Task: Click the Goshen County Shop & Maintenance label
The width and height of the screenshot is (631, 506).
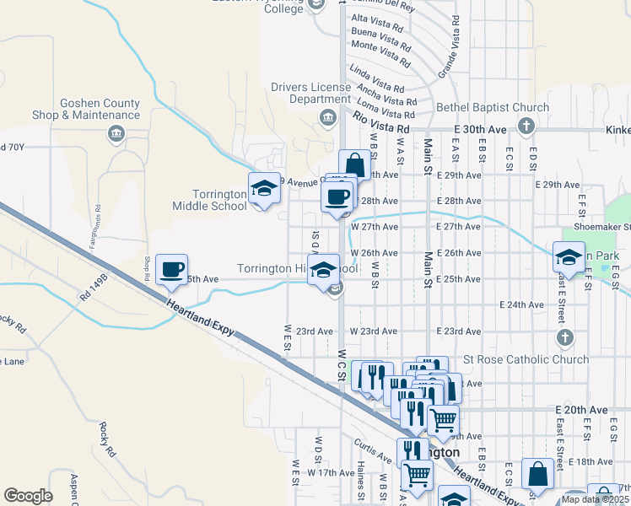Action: tap(100, 109)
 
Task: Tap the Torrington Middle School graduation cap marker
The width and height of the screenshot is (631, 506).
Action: tap(264, 188)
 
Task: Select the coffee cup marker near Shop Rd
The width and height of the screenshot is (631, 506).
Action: tap(171, 270)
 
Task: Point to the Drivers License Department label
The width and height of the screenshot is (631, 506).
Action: tap(310, 93)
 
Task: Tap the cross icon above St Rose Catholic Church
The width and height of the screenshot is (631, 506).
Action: tap(564, 337)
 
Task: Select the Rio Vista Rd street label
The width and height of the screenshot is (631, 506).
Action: tap(380, 122)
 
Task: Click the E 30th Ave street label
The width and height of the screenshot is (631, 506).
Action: tap(480, 128)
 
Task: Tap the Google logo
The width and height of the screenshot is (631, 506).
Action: tap(28, 496)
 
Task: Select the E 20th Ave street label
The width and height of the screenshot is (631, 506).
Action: tap(581, 409)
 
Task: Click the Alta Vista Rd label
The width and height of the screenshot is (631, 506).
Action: tap(380, 19)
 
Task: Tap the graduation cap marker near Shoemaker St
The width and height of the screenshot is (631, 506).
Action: tap(569, 258)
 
